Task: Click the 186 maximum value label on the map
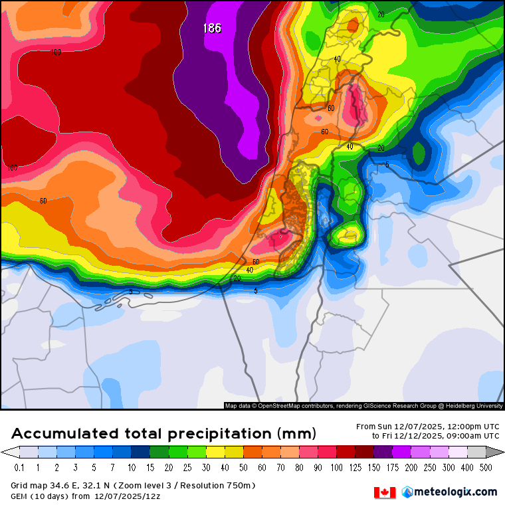[212, 28]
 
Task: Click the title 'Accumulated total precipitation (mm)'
[163, 434]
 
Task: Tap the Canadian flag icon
[384, 492]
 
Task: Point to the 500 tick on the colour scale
[486, 468]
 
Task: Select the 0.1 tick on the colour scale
[19, 468]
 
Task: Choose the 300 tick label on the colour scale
[449, 468]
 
